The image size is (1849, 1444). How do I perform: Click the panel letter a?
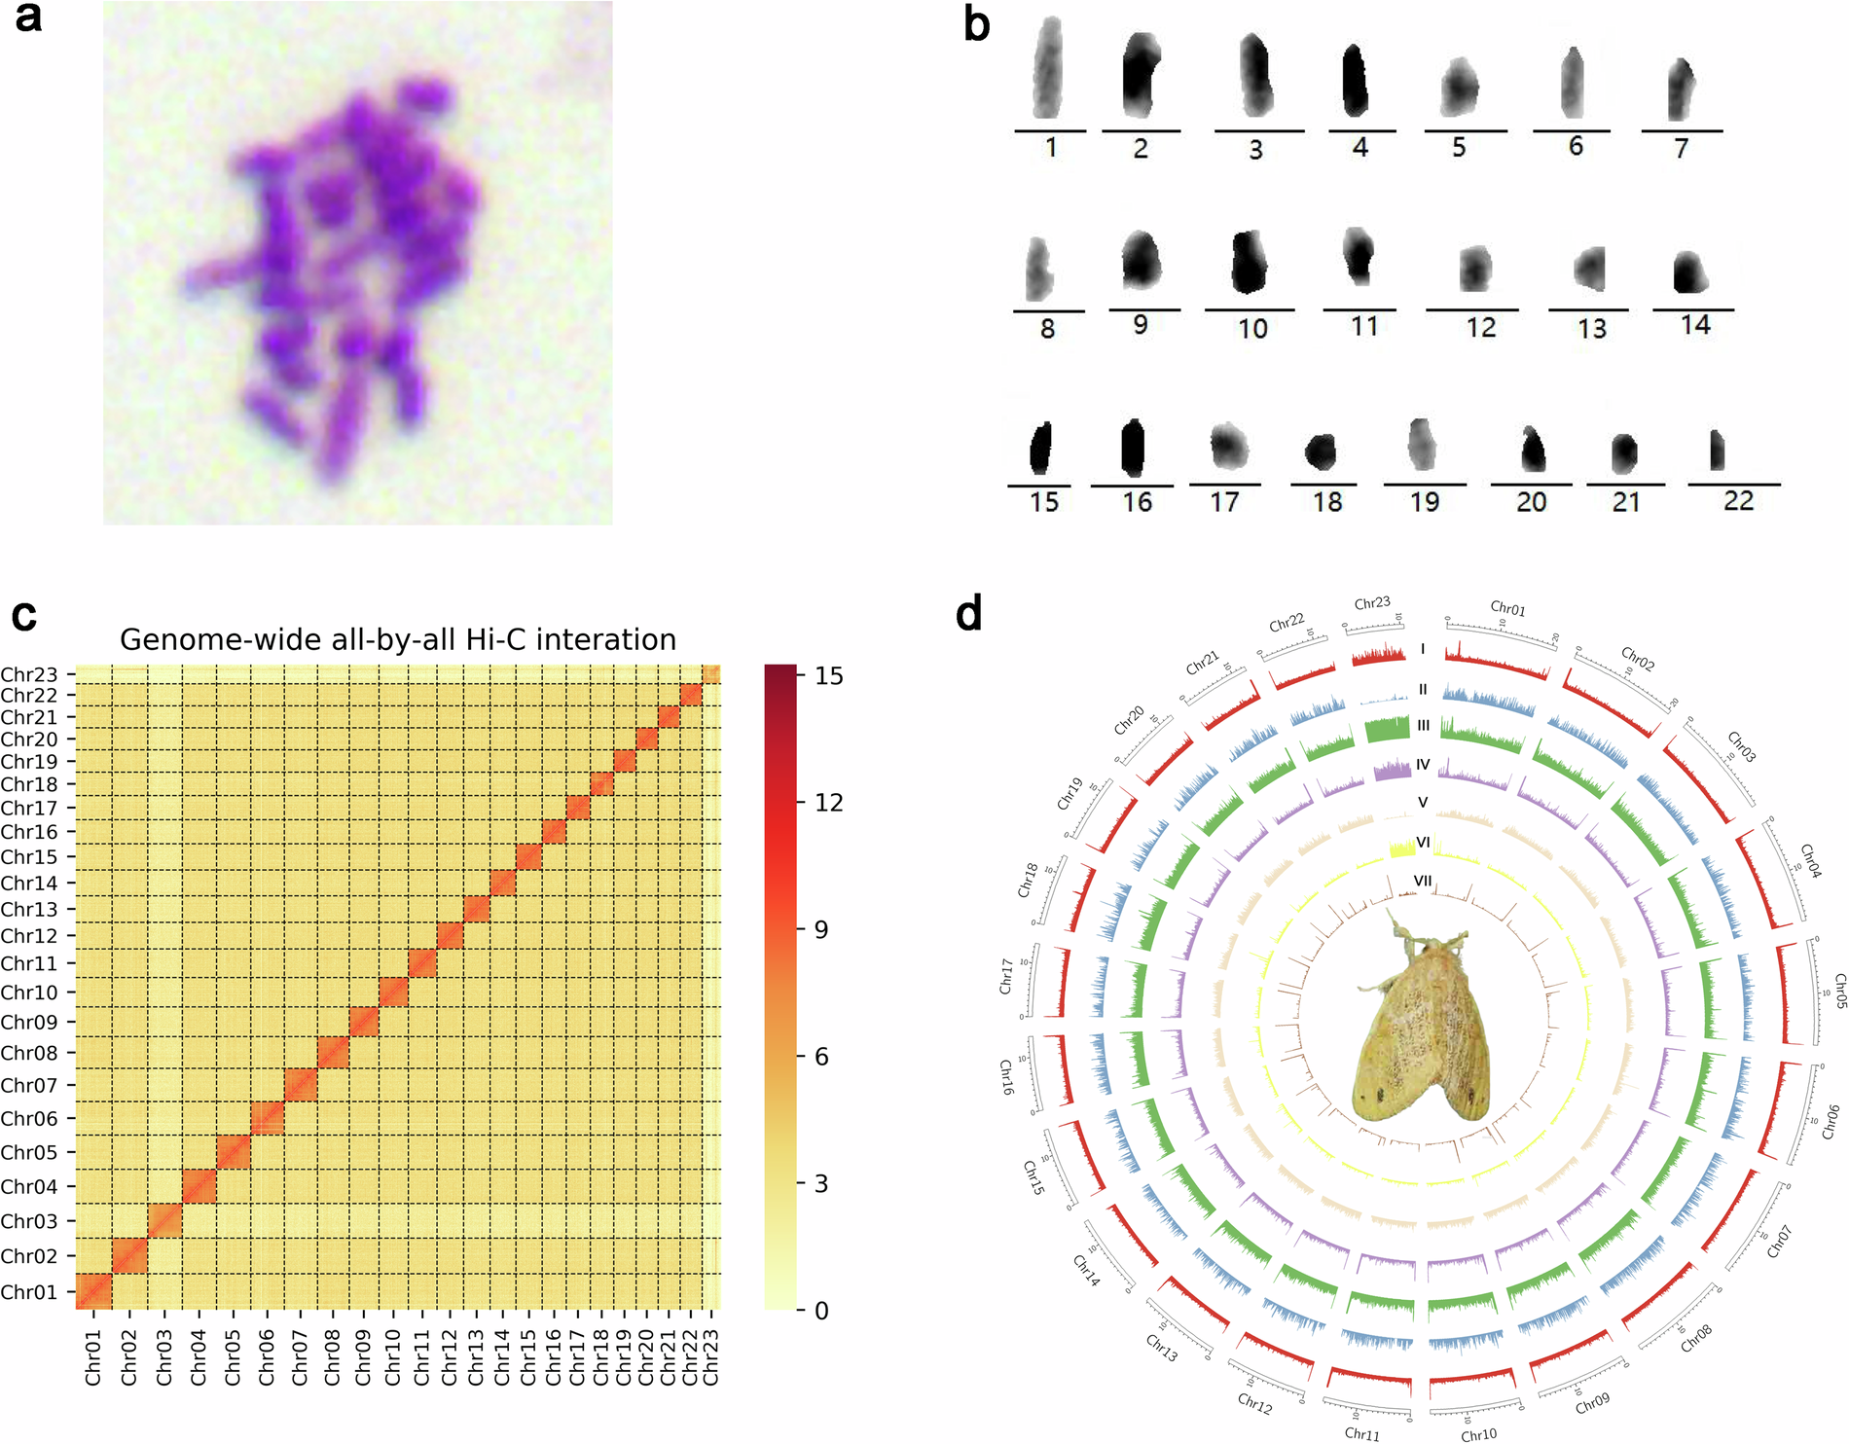[x=28, y=18]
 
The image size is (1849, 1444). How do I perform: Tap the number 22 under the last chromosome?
[x=1738, y=501]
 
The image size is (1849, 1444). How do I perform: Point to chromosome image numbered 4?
[x=1356, y=81]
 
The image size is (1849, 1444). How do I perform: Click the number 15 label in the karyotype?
[x=1044, y=502]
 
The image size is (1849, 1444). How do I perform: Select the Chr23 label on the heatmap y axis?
[x=29, y=674]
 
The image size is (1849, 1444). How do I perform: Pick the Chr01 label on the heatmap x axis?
[x=93, y=1358]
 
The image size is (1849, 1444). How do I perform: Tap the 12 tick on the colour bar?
[x=828, y=803]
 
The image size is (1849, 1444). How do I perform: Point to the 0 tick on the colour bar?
[x=821, y=1311]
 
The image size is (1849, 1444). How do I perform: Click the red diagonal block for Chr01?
[x=94, y=1292]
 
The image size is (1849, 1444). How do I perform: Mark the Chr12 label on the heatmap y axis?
[x=29, y=936]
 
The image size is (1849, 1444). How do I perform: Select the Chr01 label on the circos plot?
[x=1507, y=609]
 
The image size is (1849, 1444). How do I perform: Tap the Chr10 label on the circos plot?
[x=1478, y=1434]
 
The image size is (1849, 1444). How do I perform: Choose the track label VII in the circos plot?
[x=1423, y=881]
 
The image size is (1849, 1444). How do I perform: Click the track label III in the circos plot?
[x=1423, y=726]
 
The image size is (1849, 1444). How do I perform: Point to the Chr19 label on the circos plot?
[x=1070, y=793]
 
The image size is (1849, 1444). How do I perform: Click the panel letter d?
[x=968, y=614]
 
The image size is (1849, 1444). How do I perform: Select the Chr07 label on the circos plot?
[x=1779, y=1242]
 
